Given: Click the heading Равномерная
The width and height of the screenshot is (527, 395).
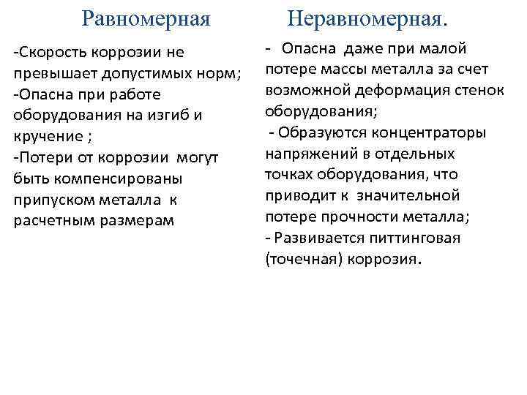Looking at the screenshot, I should pyautogui.click(x=146, y=18).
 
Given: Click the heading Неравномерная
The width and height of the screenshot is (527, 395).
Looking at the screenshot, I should pyautogui.click(x=366, y=18).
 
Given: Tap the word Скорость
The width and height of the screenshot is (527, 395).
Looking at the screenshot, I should pyautogui.click(x=51, y=53).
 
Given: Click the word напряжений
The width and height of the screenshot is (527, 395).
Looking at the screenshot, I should pyautogui.click(x=307, y=154).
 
